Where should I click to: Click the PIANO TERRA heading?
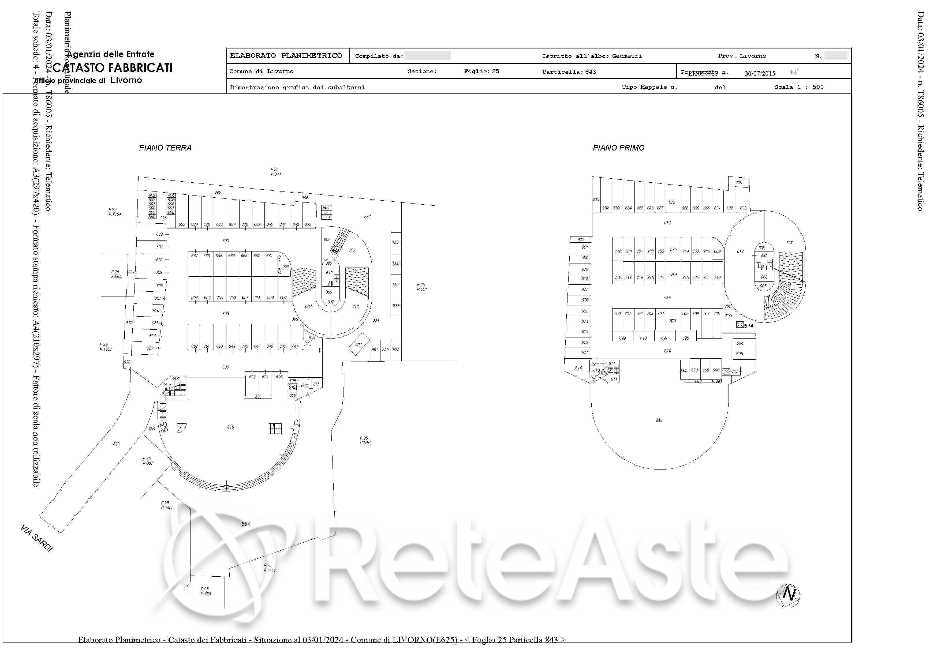click(165, 148)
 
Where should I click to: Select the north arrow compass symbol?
click(788, 595)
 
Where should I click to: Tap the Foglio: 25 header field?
click(481, 71)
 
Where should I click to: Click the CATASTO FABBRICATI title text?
click(113, 67)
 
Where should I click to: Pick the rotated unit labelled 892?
click(359, 345)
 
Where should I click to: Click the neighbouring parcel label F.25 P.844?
click(275, 172)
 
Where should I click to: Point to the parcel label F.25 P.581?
click(422, 287)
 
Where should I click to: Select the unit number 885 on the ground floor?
click(396, 243)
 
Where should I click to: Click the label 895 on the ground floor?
click(218, 192)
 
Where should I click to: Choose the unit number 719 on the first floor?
click(618, 251)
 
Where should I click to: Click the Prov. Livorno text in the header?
click(742, 56)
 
